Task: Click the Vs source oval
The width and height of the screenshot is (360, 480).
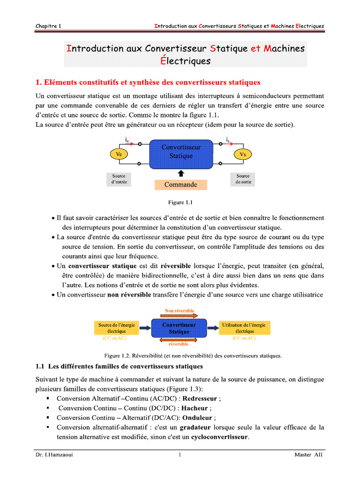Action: pos(242,154)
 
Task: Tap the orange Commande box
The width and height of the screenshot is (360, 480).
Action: pos(180,185)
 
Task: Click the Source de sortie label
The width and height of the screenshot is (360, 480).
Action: pos(243,179)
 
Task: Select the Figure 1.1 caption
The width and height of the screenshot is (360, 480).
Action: pos(180,203)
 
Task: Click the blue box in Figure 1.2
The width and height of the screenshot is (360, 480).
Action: pos(179,328)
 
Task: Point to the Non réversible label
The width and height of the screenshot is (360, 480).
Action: pos(180,310)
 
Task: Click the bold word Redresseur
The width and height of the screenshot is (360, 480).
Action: pos(199,398)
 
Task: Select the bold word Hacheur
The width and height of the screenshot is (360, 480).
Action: pos(195,408)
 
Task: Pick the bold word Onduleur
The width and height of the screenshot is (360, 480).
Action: pos(198,418)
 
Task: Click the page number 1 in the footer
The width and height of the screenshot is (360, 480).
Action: pos(180,454)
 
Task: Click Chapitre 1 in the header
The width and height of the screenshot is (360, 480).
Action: pos(48,26)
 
